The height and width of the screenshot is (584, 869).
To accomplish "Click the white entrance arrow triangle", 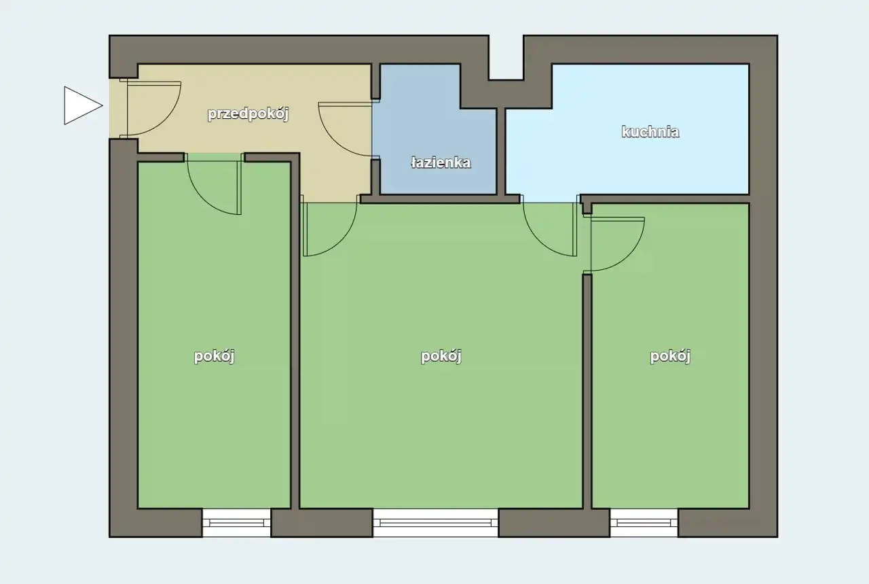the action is tap(81, 105).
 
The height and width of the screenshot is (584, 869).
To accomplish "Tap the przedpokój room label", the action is tap(248, 114).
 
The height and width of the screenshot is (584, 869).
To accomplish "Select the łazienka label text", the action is tap(441, 162).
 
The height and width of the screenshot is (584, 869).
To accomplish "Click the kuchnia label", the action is tap(650, 132).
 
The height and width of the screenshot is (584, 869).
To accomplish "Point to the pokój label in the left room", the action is tap(214, 356).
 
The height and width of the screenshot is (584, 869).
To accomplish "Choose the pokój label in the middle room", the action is tap(441, 356).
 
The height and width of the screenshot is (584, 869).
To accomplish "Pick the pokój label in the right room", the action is tap(670, 356).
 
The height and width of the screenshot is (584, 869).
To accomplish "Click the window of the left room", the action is tap(236, 523).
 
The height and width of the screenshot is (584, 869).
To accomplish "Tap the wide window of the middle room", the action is tap(436, 523).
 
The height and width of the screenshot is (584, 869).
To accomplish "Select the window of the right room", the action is tap(644, 523).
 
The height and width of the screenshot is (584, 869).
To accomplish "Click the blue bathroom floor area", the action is tap(439, 148).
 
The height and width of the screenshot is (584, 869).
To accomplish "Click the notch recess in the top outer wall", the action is tap(506, 58).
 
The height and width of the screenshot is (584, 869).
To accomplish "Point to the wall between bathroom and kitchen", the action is tap(501, 152).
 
